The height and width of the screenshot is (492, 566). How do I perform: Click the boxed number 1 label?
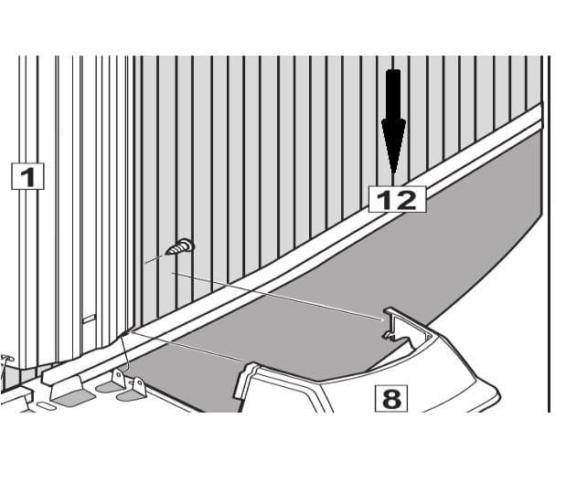27,174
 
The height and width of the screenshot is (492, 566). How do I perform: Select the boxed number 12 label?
397,198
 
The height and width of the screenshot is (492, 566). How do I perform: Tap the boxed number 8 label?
390,398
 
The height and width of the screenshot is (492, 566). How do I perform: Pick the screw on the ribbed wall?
180,246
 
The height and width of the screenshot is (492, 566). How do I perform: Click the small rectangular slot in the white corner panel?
89,319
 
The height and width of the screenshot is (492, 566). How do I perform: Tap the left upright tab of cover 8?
246,378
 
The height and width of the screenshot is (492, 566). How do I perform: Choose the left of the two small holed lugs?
119,378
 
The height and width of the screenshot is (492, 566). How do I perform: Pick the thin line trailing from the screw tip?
155,259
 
